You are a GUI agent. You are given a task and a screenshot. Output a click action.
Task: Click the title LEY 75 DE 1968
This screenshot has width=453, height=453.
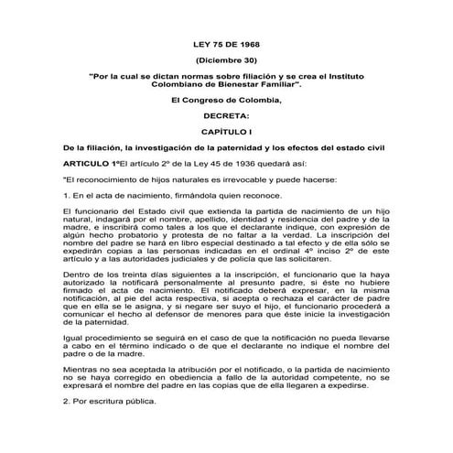(227, 43)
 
